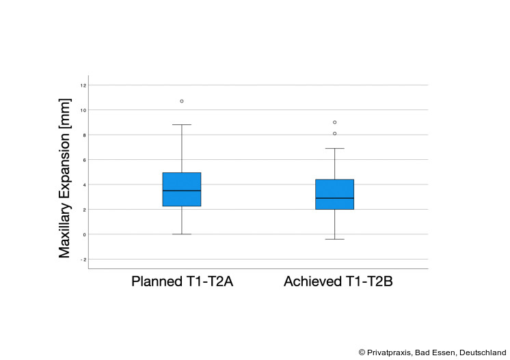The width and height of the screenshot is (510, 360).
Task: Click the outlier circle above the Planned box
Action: tap(182, 101)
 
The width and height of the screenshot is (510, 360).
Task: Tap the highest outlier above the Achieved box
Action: tap(334, 122)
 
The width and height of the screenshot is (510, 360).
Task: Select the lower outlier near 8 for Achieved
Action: tap(334, 134)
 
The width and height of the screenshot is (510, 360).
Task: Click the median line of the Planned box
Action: tap(182, 191)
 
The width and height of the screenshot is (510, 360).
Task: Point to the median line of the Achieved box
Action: tap(334, 198)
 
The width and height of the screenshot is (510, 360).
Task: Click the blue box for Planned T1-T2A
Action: tap(182, 181)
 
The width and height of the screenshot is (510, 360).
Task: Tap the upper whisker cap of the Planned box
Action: tap(182, 125)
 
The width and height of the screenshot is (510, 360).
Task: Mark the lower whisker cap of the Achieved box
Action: tap(334, 239)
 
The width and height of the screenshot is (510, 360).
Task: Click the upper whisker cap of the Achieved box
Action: tap(334, 148)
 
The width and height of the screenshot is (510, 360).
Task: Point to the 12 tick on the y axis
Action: tap(83, 85)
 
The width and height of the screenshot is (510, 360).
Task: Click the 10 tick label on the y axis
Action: tap(83, 110)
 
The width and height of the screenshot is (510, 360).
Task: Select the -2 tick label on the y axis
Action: tap(83, 260)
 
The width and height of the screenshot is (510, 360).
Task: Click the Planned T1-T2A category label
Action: tap(182, 282)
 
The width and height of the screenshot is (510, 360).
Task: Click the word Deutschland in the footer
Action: tap(483, 352)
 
